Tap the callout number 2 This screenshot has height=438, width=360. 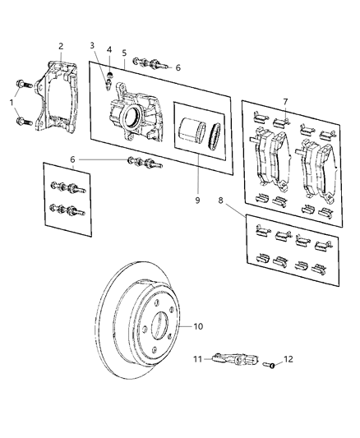tap(59, 46)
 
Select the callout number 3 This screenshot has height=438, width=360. tap(93, 46)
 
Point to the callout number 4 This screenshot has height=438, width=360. tap(109, 50)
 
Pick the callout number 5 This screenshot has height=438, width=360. tap(124, 53)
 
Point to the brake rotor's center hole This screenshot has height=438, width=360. tap(151, 329)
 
